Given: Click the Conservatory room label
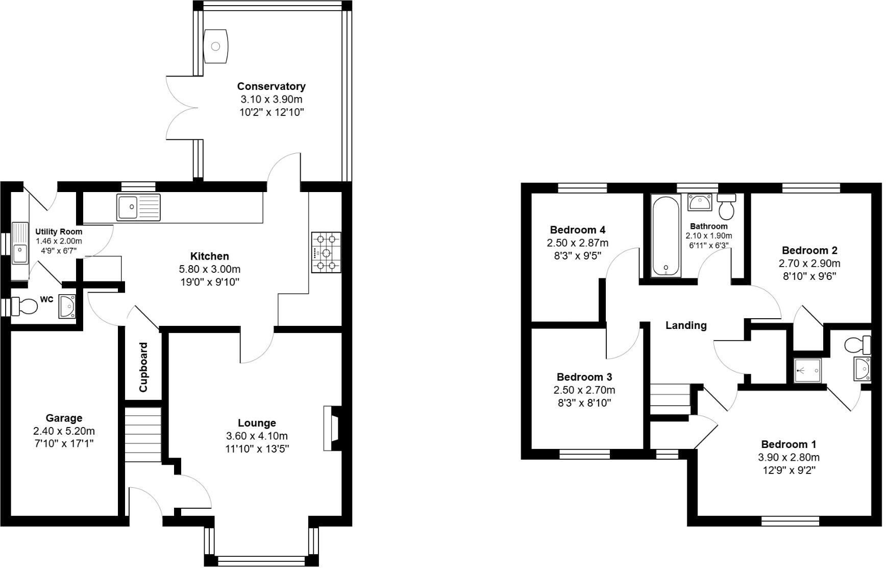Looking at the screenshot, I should click(271, 86).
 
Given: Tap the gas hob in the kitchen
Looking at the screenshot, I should click(326, 252).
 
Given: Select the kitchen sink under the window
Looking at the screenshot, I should click(138, 207).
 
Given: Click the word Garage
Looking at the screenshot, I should click(64, 418).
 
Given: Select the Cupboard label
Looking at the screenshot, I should click(143, 367).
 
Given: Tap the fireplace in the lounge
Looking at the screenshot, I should click(332, 428).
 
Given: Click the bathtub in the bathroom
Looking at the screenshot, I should click(666, 236).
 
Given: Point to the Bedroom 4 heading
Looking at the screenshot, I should click(578, 230).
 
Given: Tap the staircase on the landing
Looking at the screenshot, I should click(670, 399).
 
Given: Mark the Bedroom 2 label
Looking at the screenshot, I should click(809, 250).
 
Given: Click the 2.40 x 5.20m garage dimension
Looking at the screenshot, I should click(64, 431).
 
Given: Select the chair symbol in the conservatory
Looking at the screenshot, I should click(215, 46).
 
